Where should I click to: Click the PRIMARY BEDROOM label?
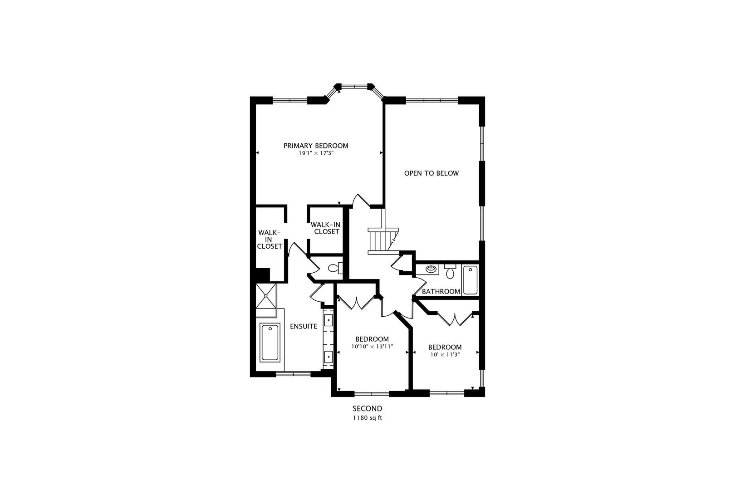[x=316, y=146]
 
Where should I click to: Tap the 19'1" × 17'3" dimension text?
[x=316, y=153]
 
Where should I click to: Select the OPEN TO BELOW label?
[x=431, y=173]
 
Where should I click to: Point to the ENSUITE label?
[x=304, y=326]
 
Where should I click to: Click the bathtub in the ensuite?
[x=270, y=343]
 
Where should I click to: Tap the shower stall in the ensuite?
[x=266, y=295]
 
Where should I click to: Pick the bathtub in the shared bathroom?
[x=470, y=281]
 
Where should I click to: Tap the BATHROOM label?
[x=441, y=291]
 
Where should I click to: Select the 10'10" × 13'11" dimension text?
[x=372, y=346]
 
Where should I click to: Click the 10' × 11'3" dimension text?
[x=445, y=354]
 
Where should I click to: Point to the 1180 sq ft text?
[x=367, y=418]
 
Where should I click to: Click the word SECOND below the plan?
[x=367, y=409]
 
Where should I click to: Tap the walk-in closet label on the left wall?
[x=269, y=239]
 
